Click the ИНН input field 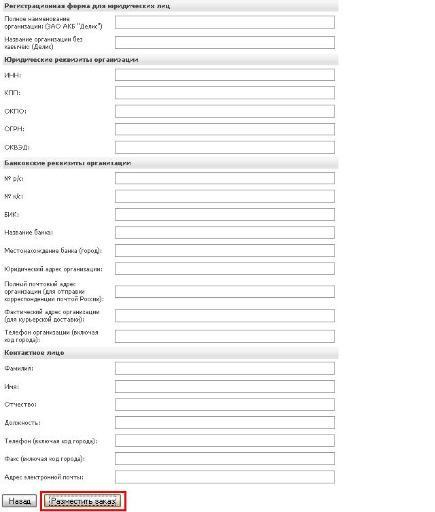click(225, 75)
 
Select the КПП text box click(225, 92)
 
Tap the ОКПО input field click(225, 111)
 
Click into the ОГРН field click(225, 129)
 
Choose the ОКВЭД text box click(225, 147)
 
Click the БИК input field click(225, 214)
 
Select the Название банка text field click(225, 233)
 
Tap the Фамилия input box click(225, 368)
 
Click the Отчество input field click(225, 405)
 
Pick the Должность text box click(225, 422)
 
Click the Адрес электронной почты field click(225, 477)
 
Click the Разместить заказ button click(83, 501)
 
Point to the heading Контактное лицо click(34, 352)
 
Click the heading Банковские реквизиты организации click(67, 163)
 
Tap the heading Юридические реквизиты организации click(71, 60)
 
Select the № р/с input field click(225, 178)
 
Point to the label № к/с click(15, 197)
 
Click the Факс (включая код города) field click(225, 458)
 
